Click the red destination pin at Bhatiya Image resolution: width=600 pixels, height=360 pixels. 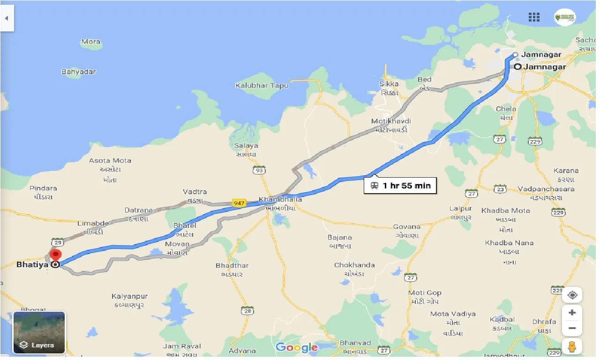click(56, 255)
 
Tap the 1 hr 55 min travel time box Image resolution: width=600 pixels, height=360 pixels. click(401, 185)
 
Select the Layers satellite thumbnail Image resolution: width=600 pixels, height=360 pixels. click(39, 332)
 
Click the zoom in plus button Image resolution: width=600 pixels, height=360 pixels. click(572, 313)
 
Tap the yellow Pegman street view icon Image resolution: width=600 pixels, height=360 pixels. click(572, 347)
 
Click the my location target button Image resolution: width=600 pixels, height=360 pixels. click(572, 295)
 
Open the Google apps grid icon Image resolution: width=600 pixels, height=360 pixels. click(534, 17)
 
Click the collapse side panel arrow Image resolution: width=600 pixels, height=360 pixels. click(7, 18)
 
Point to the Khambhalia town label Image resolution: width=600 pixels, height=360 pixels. click(280, 199)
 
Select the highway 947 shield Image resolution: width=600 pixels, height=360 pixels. click(239, 203)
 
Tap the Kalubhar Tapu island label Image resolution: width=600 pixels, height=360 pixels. click(262, 86)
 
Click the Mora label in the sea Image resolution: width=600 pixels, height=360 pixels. click(91, 42)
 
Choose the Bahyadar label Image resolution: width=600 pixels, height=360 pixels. click(79, 72)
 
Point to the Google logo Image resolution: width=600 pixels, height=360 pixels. click(296, 347)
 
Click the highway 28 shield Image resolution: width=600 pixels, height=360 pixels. click(247, 311)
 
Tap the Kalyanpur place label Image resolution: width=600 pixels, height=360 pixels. click(129, 296)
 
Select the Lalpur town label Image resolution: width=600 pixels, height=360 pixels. click(460, 208)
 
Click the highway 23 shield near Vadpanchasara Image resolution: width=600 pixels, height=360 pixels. click(500, 189)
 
